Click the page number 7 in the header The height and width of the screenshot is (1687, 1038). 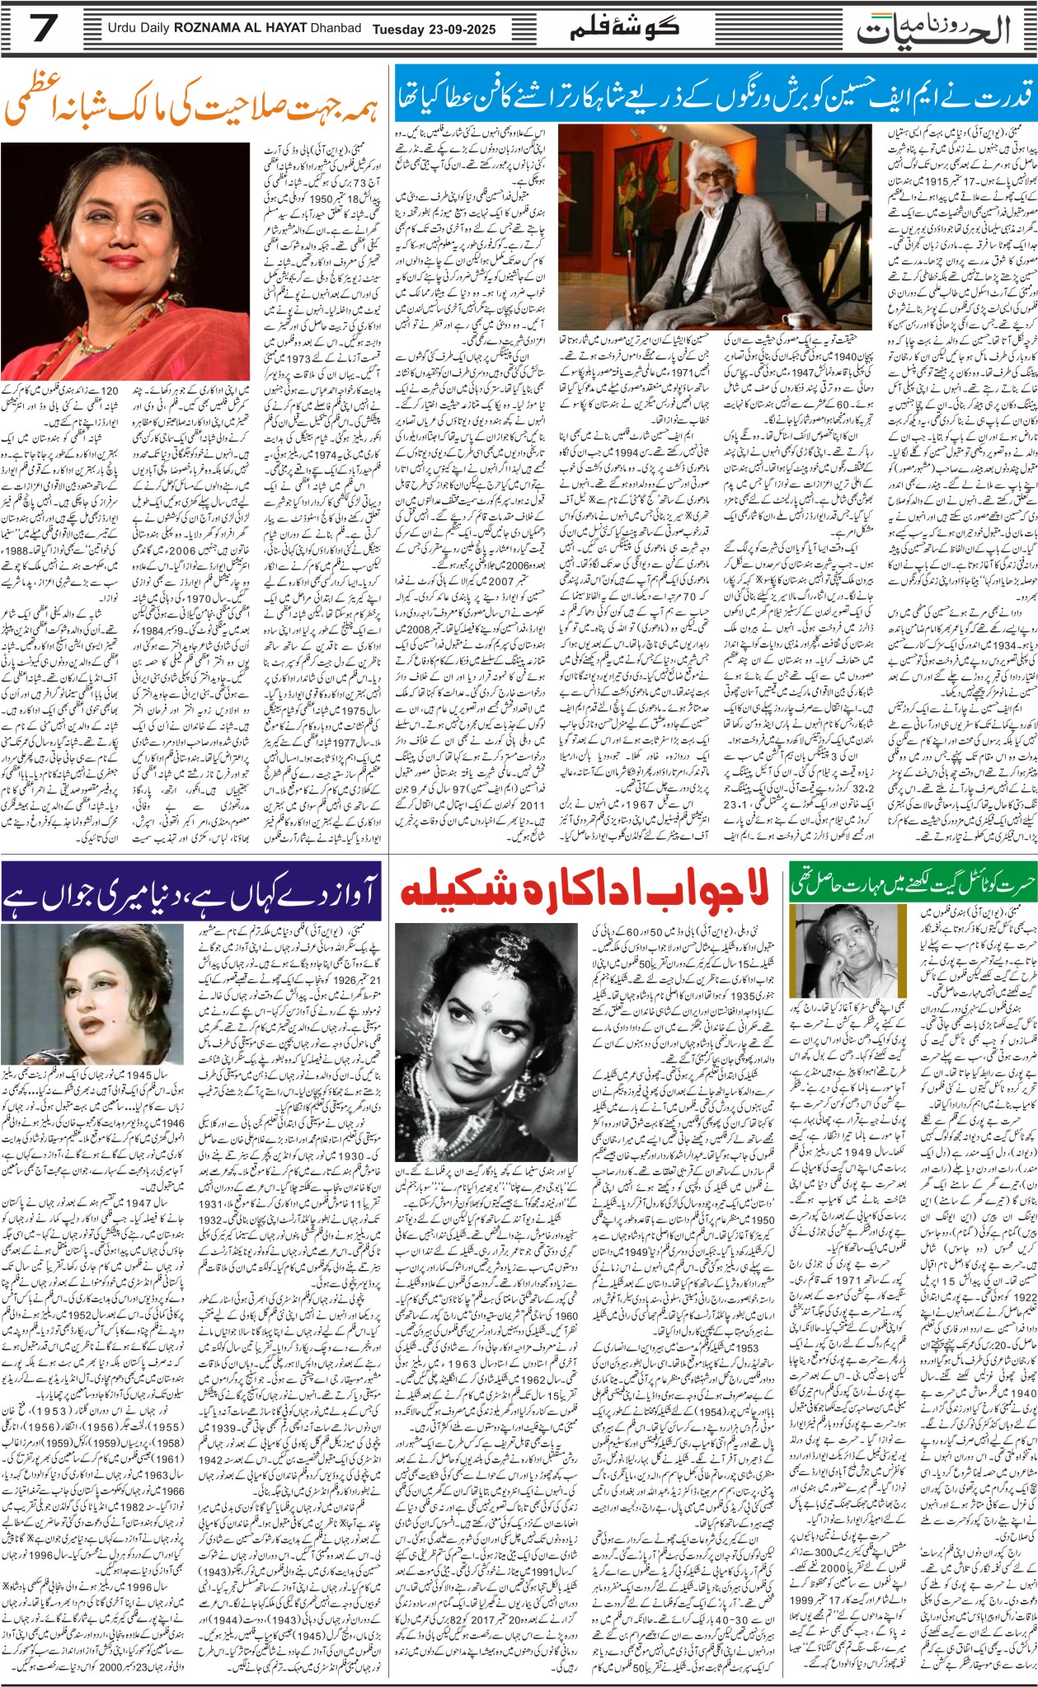(x=43, y=29)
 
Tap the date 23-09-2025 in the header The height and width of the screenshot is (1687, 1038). (x=462, y=29)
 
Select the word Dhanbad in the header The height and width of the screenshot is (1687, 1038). (x=336, y=29)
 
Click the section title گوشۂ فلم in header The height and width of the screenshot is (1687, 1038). (x=624, y=27)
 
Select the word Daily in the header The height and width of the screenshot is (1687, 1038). (x=153, y=29)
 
